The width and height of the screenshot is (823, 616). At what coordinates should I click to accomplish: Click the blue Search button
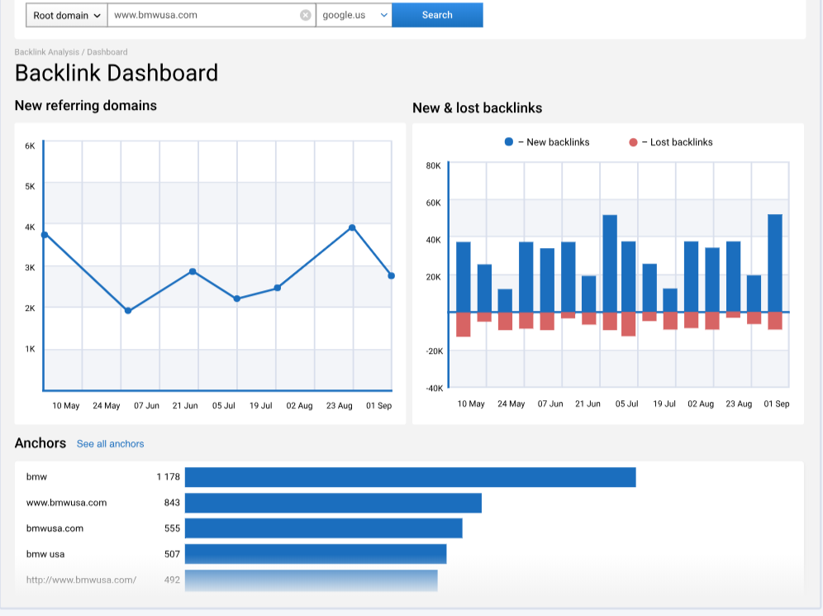tap(437, 15)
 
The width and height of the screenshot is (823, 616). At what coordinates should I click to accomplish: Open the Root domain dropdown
tap(67, 15)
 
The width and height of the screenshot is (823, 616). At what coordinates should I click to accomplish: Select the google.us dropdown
tap(354, 15)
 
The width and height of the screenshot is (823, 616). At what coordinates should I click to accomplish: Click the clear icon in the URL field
tap(305, 15)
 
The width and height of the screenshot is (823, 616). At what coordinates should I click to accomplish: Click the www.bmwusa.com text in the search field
tap(155, 15)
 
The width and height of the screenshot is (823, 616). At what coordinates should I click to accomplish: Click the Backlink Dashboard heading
tap(117, 73)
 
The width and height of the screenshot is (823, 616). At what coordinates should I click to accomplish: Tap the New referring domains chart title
tap(85, 106)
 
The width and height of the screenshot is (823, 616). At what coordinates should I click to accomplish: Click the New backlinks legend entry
tap(547, 142)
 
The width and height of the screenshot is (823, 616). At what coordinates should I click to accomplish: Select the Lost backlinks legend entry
tap(671, 142)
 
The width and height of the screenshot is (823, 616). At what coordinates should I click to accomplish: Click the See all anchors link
tap(110, 444)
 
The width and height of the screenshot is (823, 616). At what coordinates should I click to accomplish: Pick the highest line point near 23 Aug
tap(352, 227)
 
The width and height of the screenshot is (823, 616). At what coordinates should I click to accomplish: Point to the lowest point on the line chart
tap(127, 311)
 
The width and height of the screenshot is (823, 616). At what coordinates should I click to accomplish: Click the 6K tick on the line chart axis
tap(30, 146)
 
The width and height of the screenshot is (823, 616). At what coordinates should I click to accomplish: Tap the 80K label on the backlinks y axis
tap(433, 165)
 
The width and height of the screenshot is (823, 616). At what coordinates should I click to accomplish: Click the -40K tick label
tap(435, 388)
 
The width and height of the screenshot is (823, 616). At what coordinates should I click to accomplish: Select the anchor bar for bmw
tap(410, 477)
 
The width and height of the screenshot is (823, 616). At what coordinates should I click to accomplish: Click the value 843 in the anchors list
tap(172, 503)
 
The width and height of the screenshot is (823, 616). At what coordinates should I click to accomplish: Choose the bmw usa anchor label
tap(45, 554)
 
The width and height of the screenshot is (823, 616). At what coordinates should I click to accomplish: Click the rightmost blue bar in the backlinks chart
tap(774, 263)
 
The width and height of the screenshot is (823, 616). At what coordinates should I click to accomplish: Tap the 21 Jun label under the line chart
tap(185, 406)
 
